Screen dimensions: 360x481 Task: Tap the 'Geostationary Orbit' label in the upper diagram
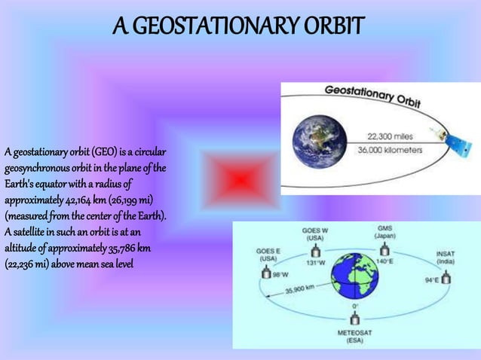(x=372, y=96)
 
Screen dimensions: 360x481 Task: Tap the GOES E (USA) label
(x=268, y=255)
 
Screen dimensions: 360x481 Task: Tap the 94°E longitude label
(x=430, y=280)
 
